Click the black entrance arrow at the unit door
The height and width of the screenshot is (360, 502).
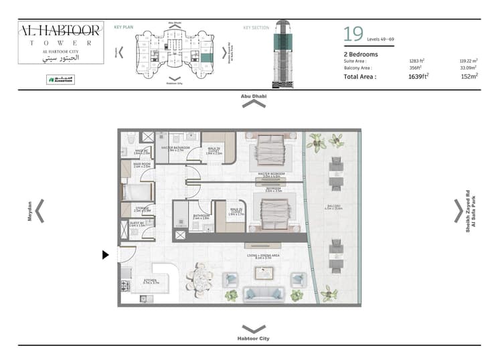[x=105, y=254]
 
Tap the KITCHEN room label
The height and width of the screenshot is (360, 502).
[x=151, y=282]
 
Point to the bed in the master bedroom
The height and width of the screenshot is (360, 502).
[x=272, y=153]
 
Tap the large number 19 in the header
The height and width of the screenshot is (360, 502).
[x=353, y=34]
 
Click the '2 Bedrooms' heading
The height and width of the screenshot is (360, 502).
[x=361, y=54]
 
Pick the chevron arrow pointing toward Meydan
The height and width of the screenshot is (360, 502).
[x=40, y=210]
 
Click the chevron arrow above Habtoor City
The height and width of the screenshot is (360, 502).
[x=253, y=329]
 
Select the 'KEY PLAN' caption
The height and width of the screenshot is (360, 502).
[x=123, y=27]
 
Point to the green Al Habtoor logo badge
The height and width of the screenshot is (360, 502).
[x=60, y=79]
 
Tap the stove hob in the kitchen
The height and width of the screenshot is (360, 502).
[x=124, y=285]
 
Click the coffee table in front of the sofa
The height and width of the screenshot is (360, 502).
[x=264, y=272]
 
